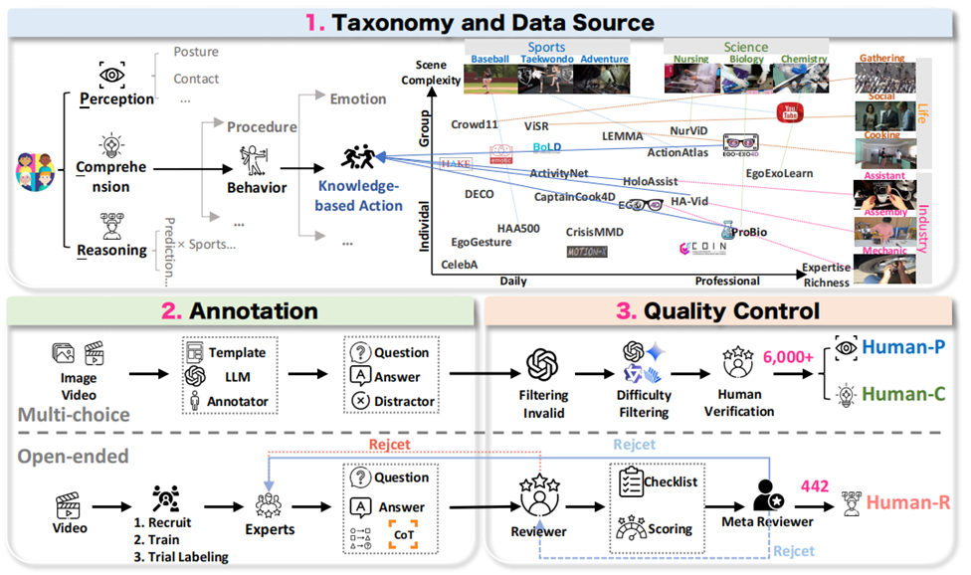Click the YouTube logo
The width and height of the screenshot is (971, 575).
[791, 115]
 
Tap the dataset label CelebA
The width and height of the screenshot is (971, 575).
[461, 265]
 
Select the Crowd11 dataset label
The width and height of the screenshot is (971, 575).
[474, 125]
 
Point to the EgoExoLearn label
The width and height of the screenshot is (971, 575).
[779, 173]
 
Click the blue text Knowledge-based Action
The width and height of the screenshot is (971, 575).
[359, 197]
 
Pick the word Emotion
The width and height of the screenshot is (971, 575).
[358, 99]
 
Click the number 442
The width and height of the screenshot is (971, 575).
[816, 484]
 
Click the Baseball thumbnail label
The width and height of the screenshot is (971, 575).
[489, 60]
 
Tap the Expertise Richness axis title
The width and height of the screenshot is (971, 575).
[826, 276]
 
